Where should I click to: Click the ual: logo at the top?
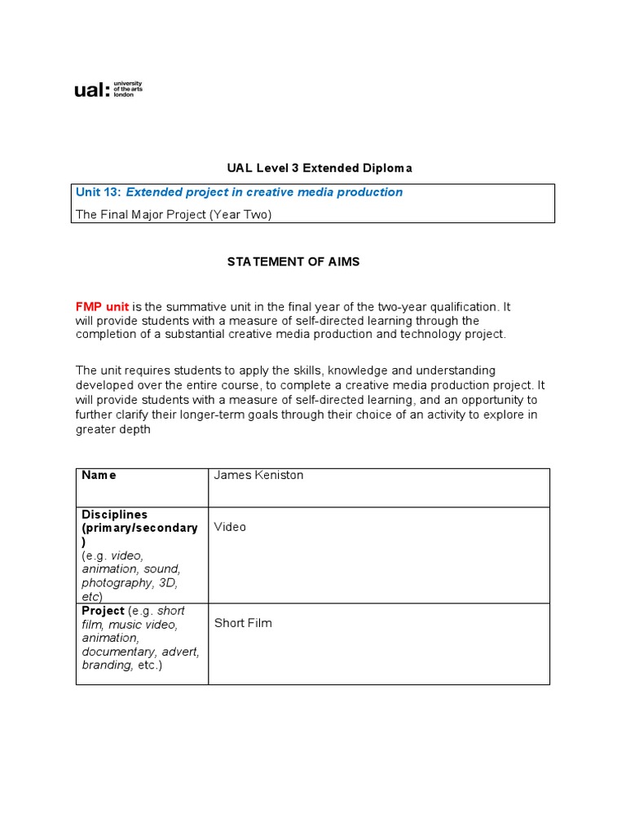coord(108,90)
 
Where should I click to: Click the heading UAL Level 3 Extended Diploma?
coord(320,168)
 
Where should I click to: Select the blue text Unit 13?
coord(98,192)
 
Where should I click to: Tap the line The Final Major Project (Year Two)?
coord(173,214)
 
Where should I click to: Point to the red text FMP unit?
coord(102,307)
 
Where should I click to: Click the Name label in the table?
coord(99,475)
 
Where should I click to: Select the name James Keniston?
coord(258,475)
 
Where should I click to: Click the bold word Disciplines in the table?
coord(114,515)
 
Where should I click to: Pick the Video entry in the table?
coord(230,527)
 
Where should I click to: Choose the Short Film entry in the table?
coord(243,623)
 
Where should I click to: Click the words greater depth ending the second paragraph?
coord(113,429)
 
